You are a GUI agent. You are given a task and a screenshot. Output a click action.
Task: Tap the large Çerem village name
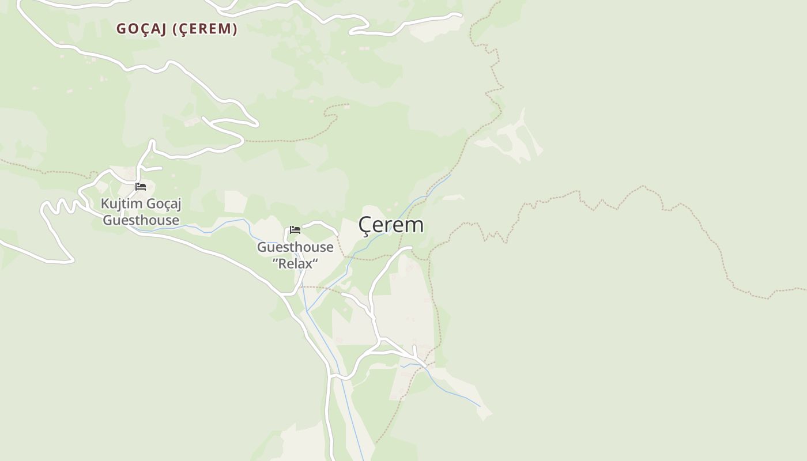391,225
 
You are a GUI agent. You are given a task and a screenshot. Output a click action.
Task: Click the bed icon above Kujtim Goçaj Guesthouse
141,187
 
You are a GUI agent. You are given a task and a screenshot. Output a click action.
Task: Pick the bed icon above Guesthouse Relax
295,230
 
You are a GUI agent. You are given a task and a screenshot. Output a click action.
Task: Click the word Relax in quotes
295,264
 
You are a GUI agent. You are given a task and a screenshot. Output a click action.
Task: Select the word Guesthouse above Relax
295,247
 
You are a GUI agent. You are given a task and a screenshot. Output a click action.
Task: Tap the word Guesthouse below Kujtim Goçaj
141,220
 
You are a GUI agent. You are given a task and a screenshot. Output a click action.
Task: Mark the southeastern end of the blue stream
480,406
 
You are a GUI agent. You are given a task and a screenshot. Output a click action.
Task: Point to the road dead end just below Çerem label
410,248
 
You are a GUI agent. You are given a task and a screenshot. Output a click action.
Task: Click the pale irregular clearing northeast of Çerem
513,138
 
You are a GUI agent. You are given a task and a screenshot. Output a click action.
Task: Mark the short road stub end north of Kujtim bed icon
160,168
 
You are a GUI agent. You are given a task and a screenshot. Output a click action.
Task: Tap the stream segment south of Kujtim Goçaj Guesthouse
173,229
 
